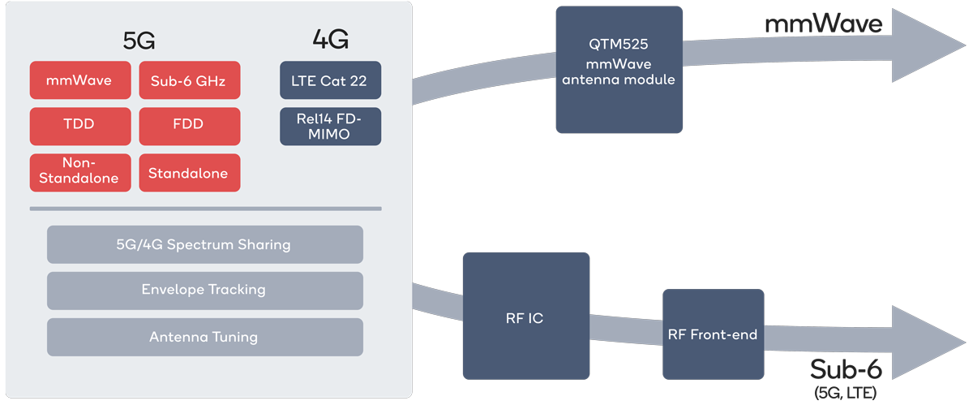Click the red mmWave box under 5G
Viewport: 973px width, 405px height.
[x=79, y=81]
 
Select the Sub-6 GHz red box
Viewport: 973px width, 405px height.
[x=189, y=81]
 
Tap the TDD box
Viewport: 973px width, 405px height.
[x=79, y=126]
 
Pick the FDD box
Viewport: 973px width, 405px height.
[x=189, y=126]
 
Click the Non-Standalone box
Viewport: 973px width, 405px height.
[x=79, y=172]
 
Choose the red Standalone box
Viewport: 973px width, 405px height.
[x=189, y=172]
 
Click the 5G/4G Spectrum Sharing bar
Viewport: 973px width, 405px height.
[x=204, y=244]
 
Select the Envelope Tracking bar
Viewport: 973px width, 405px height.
[x=204, y=290]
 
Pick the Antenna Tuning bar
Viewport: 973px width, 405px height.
[x=204, y=337]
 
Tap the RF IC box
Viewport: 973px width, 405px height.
[x=525, y=318]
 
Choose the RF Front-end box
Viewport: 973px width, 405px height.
[x=713, y=334]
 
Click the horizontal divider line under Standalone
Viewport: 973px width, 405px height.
[x=204, y=209]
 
